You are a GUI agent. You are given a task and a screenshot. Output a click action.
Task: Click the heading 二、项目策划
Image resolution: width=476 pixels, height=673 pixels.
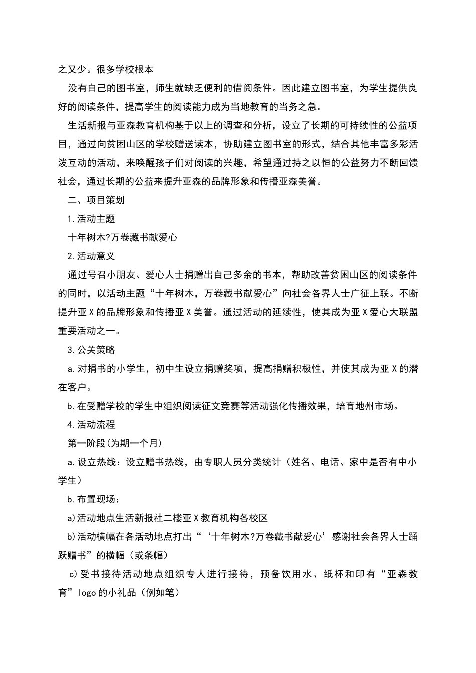(x=96, y=200)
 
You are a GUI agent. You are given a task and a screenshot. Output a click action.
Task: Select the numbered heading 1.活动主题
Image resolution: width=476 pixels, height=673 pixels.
(x=91, y=219)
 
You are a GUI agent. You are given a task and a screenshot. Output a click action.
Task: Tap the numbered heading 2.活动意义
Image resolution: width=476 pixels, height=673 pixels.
(x=91, y=256)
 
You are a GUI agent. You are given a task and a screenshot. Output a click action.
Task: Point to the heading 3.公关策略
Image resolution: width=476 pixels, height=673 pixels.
(x=91, y=350)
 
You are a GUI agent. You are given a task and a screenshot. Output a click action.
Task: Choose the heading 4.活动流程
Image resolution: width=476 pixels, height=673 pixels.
(x=91, y=425)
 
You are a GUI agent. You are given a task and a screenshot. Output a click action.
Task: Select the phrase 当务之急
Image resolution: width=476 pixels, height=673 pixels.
(x=300, y=107)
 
